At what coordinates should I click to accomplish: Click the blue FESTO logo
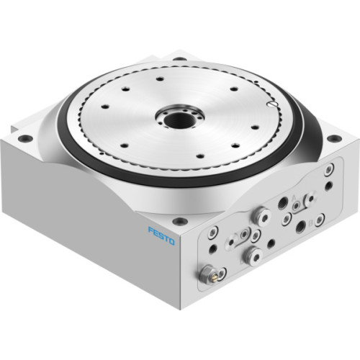point(161,235)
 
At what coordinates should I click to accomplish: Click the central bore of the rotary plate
point(174,114)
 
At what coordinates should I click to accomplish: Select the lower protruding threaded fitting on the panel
point(252,253)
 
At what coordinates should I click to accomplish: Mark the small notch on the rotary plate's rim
point(268,106)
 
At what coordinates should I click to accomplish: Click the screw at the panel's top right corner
point(329,171)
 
